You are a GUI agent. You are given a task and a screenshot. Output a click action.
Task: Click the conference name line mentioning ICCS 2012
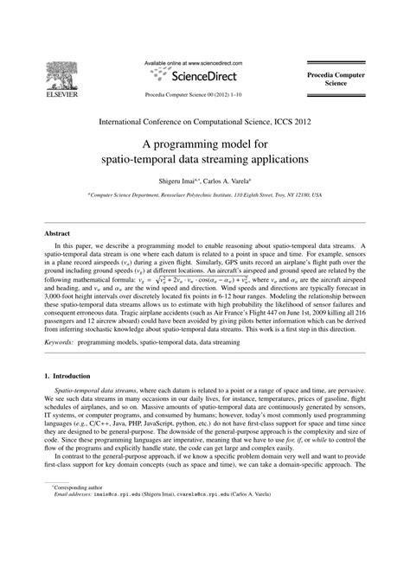coord(204,124)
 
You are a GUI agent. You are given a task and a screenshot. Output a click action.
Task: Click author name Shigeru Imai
coord(177,181)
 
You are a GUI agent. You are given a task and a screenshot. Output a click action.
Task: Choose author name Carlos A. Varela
coord(227,181)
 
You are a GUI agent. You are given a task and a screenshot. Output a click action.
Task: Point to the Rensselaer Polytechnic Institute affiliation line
coord(204,196)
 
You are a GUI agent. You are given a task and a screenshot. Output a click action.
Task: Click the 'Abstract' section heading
coord(58,233)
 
